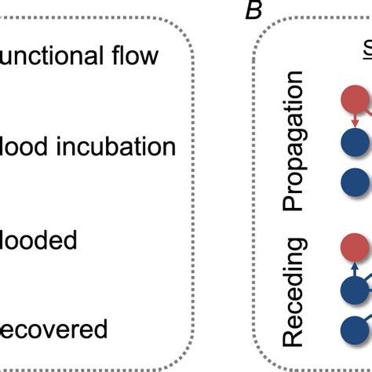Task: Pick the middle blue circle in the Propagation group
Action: (356, 147)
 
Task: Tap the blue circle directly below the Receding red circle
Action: (356, 294)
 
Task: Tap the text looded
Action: (38, 239)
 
